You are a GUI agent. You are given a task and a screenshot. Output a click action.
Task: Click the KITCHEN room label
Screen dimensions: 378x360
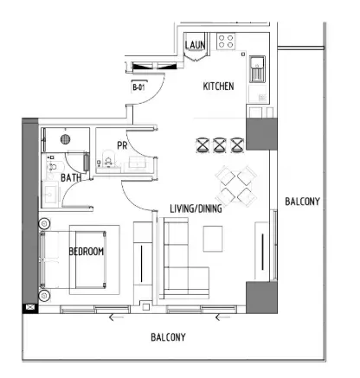click(x=217, y=86)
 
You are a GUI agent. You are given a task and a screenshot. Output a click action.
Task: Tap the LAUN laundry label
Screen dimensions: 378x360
click(x=195, y=45)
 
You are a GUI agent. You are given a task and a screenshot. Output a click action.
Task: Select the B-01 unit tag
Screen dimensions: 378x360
click(x=138, y=87)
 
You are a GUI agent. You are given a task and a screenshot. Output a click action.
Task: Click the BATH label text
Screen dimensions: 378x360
click(x=71, y=178)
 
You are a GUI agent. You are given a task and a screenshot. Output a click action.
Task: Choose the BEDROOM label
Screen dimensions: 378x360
click(x=87, y=251)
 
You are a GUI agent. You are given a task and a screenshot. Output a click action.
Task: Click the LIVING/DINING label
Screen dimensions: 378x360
click(x=197, y=208)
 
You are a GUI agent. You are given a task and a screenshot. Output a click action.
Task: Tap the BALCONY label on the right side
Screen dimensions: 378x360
click(x=303, y=202)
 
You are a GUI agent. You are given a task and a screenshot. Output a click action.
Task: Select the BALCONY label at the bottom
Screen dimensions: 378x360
click(x=168, y=336)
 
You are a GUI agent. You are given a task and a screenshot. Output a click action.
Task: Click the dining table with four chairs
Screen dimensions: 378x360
click(x=236, y=183)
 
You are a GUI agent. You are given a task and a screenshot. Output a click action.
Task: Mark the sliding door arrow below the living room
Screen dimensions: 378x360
click(x=219, y=317)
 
